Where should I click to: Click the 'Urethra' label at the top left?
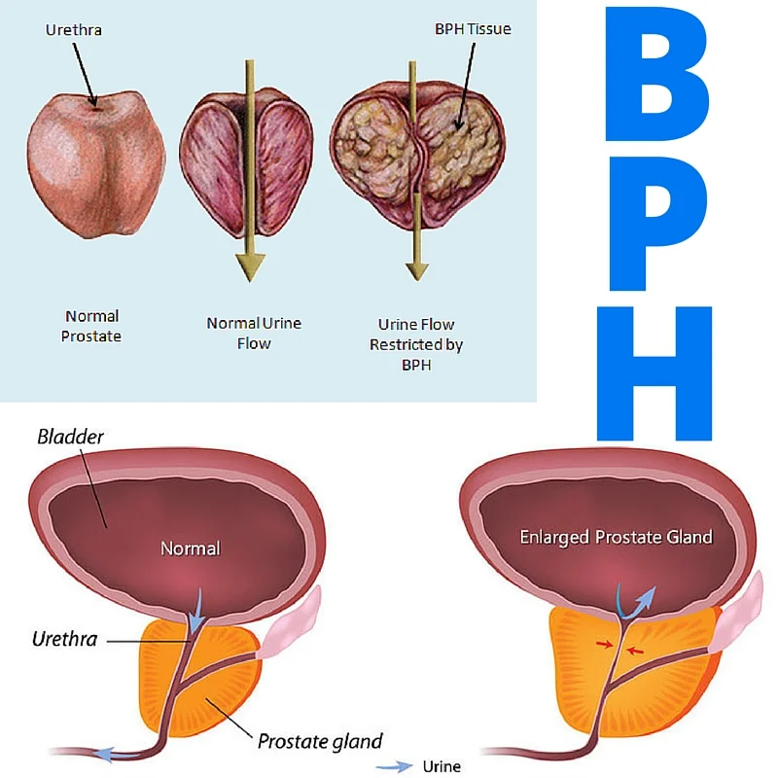click(74, 30)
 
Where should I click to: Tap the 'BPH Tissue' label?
click(472, 29)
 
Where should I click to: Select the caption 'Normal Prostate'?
click(91, 326)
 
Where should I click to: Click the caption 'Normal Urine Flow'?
click(254, 333)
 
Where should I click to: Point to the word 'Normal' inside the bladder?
click(191, 548)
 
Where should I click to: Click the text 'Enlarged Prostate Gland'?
click(616, 537)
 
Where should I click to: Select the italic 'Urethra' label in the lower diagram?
click(65, 640)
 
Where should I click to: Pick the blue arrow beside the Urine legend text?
click(394, 766)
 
